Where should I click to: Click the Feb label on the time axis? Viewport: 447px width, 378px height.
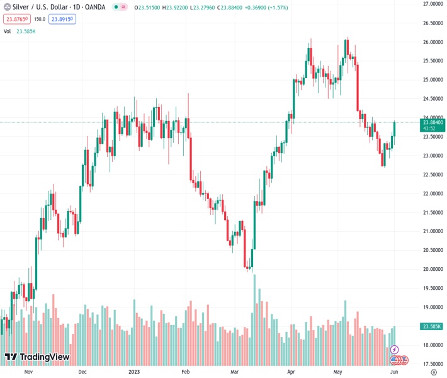(185, 372)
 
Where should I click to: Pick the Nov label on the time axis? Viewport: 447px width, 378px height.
(28, 372)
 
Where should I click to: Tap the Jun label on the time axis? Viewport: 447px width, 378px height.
(394, 372)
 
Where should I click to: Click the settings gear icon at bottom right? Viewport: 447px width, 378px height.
(433, 372)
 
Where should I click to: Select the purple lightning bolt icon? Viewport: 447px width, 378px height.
(395, 350)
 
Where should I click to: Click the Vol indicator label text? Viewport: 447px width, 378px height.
(7, 31)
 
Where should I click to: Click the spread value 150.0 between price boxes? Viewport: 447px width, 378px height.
(39, 19)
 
